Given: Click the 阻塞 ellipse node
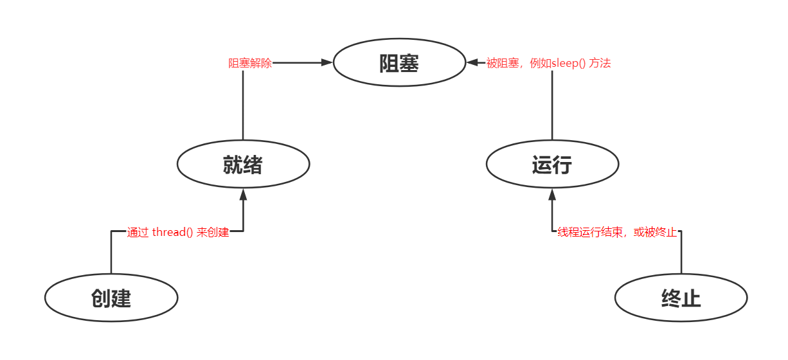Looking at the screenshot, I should (399, 62).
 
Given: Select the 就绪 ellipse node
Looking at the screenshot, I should (243, 165).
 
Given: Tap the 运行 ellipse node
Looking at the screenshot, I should (552, 165).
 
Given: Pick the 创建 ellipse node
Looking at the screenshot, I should (111, 298).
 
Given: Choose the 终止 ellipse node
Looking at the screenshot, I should (681, 298).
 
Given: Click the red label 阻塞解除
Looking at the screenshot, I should (250, 63).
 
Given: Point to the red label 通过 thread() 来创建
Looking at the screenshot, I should (178, 232).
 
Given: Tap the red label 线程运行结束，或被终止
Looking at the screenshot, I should (617, 232).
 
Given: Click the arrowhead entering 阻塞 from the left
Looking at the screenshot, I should (327, 62).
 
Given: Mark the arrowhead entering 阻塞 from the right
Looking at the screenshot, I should (473, 62).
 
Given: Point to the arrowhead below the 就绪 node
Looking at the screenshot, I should (243, 194).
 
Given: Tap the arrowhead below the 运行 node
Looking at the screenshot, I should (552, 194).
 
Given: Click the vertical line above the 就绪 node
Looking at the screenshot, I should (243, 106).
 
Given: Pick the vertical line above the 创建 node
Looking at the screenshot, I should (111, 254).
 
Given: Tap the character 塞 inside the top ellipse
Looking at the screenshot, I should (409, 63).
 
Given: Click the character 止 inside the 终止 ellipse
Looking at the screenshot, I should (691, 298).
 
